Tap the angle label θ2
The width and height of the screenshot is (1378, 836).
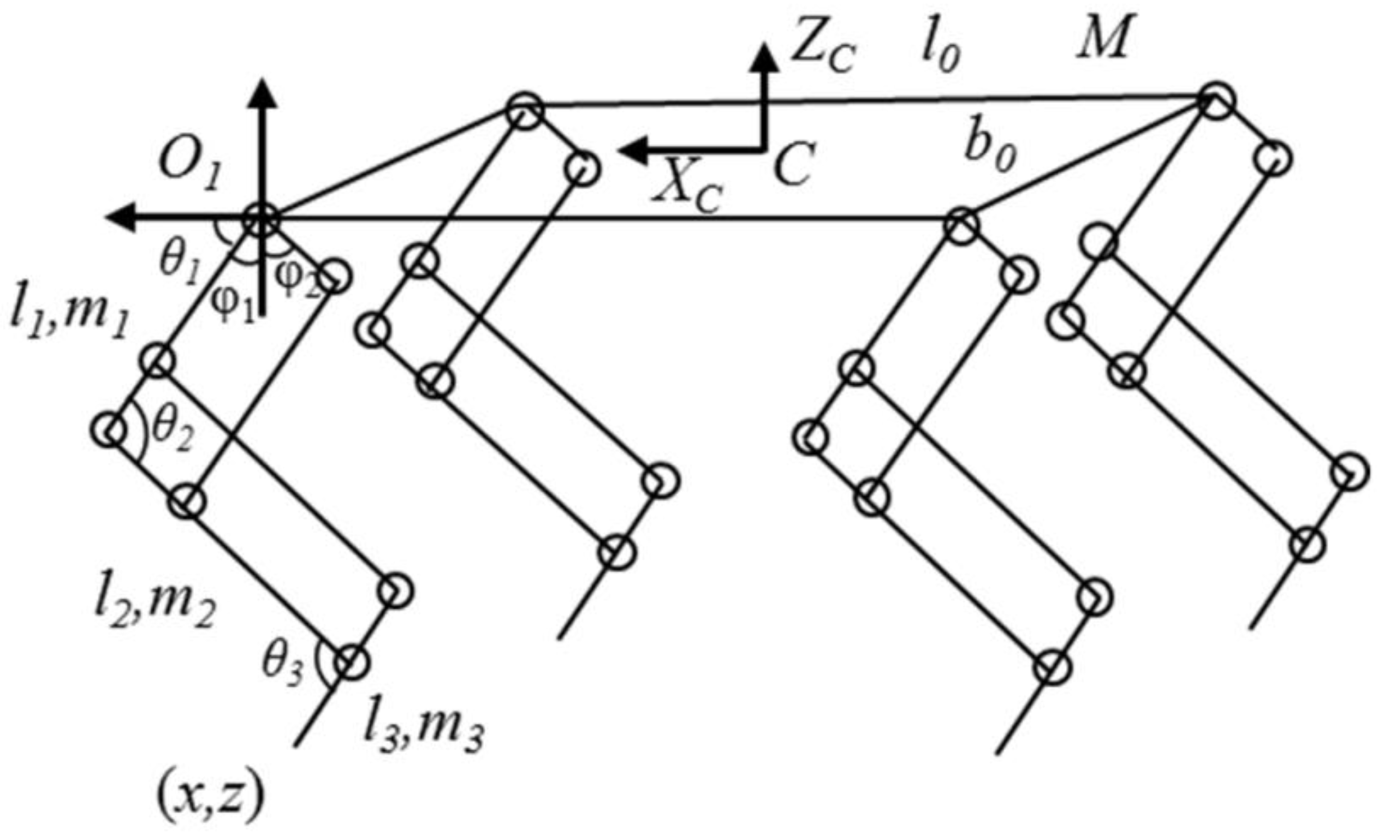coord(173,433)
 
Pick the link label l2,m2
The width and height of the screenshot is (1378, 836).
coord(155,607)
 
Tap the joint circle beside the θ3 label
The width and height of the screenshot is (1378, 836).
coord(351,662)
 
